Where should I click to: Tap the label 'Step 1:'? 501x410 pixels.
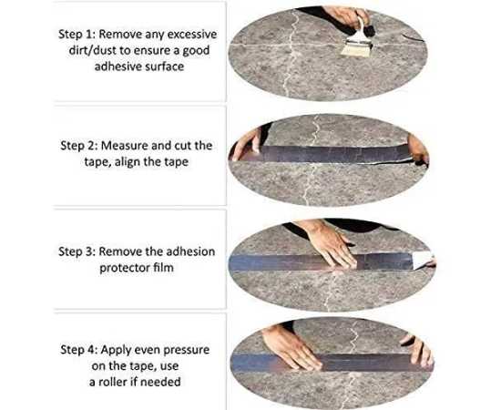[77, 35]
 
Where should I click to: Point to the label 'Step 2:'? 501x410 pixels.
[79, 146]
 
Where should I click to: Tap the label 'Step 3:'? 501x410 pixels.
[77, 251]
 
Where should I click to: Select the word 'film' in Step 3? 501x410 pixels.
[163, 268]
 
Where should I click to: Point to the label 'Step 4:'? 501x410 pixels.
[79, 350]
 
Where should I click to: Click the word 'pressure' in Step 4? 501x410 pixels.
[187, 350]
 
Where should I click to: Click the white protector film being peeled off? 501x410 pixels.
[423, 260]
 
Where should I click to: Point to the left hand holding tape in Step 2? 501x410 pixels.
[247, 145]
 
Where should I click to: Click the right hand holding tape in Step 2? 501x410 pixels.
[418, 149]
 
